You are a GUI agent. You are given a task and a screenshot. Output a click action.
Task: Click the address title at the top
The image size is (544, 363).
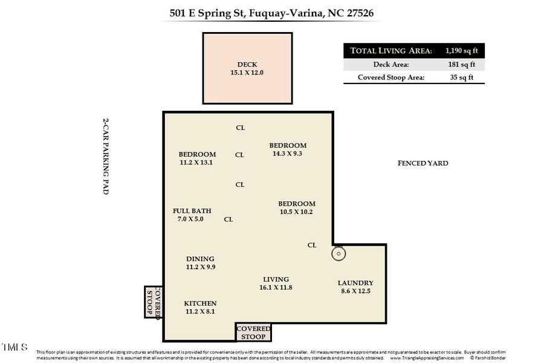(x=271, y=12)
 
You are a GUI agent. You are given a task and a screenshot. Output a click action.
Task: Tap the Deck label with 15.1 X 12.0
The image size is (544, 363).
(x=247, y=68)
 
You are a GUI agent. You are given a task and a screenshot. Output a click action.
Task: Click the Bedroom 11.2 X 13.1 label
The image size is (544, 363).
(x=197, y=158)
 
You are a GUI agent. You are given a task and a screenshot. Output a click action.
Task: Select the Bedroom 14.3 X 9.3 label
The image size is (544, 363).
(x=288, y=149)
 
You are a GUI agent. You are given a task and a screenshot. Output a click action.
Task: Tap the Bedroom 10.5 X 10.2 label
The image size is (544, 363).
(x=296, y=208)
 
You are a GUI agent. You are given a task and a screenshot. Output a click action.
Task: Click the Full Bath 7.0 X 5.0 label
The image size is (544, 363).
(x=192, y=215)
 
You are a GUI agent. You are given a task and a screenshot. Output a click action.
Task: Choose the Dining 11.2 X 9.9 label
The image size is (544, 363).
(x=200, y=263)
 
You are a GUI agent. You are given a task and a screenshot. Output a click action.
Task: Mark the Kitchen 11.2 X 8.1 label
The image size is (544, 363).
(x=200, y=307)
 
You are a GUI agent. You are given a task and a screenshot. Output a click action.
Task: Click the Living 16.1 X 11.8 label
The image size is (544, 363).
(x=276, y=283)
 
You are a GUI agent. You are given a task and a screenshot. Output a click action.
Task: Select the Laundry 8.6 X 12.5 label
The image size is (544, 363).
(x=355, y=287)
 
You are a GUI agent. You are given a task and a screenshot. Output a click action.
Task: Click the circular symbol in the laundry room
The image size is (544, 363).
(x=338, y=253)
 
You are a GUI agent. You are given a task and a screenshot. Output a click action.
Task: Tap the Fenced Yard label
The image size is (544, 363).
(x=423, y=163)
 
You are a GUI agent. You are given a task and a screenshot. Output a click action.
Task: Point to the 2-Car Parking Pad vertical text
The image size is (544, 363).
(x=105, y=156)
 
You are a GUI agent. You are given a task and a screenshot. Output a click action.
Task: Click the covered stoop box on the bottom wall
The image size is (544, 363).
(x=253, y=332)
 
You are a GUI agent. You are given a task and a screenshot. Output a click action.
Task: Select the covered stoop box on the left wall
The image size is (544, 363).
(x=154, y=302)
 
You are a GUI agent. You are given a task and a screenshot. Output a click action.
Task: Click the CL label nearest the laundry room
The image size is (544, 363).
(x=312, y=245)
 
